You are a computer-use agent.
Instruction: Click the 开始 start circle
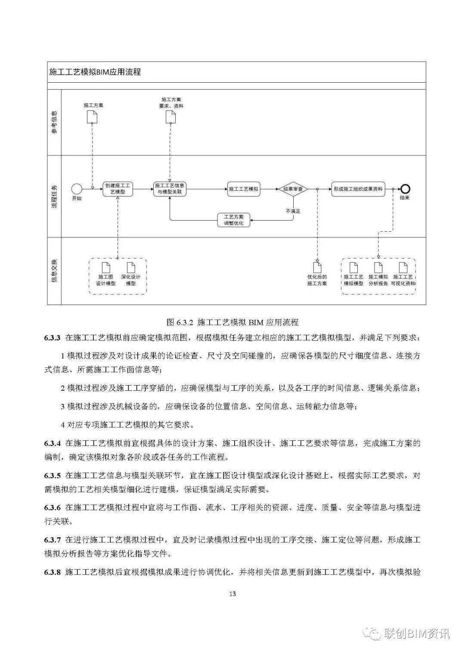(77, 189)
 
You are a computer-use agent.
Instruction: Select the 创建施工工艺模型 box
(118, 189)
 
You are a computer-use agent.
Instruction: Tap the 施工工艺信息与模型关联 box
(170, 189)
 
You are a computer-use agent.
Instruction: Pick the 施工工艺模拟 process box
(244, 189)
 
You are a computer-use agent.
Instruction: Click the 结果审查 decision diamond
(293, 189)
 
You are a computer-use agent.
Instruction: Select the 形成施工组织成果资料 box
(358, 189)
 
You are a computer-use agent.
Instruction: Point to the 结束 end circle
(405, 189)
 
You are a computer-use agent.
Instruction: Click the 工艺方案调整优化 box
(234, 220)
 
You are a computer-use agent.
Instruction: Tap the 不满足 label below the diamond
(293, 211)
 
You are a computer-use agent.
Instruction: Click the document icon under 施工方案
(92, 117)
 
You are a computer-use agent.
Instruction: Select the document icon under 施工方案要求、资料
(170, 117)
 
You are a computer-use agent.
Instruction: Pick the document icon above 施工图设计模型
(106, 267)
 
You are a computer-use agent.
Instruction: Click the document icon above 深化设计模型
(131, 267)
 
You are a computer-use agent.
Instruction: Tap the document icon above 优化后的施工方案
(317, 267)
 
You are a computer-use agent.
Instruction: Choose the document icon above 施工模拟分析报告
(378, 267)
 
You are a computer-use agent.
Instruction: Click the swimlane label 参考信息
(54, 122)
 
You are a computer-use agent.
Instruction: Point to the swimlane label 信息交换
(54, 271)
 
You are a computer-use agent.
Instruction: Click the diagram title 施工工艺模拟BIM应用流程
(95, 72)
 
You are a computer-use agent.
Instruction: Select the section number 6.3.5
(53, 475)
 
